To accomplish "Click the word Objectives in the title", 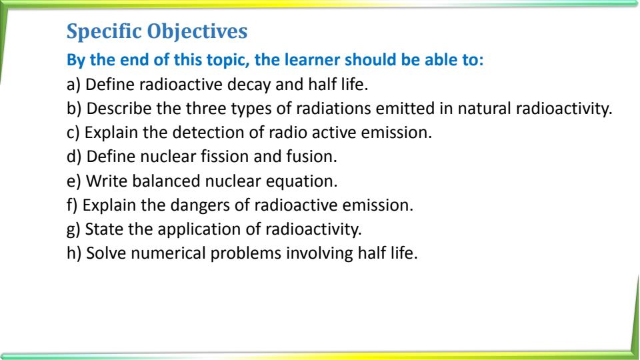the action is pos(197,32).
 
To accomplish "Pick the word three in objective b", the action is pos(206,109).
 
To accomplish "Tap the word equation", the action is pos(301,181).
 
